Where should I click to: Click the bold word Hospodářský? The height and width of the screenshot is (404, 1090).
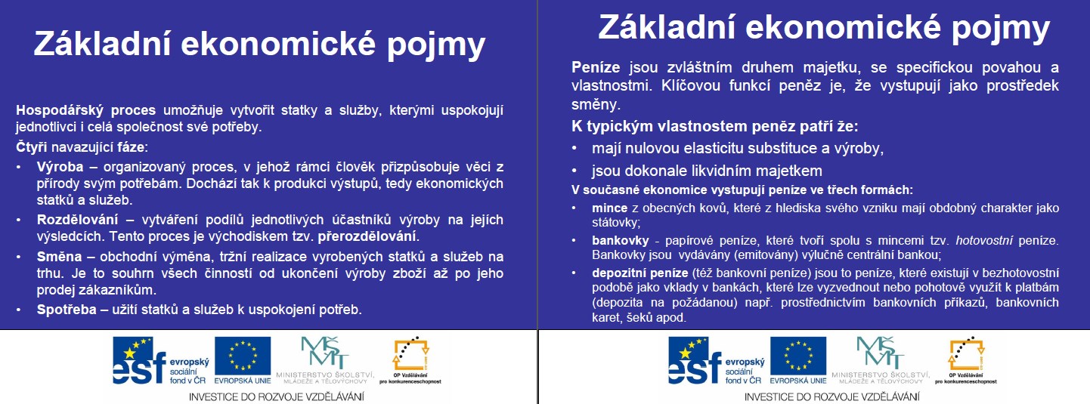(60, 111)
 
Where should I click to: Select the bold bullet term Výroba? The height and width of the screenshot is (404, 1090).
(60, 167)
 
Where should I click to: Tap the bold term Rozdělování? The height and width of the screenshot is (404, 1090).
(77, 220)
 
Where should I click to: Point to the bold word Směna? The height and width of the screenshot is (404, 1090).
(60, 256)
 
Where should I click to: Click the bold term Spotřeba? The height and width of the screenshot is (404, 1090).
(67, 309)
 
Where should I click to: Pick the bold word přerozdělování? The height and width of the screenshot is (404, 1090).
(367, 237)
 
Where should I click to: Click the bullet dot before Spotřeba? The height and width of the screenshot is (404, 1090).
(18, 310)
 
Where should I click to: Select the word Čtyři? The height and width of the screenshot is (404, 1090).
(32, 146)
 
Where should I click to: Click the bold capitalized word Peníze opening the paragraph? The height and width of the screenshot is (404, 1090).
(596, 67)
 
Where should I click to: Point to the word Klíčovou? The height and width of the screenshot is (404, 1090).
(690, 85)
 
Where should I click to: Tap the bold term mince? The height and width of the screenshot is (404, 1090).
(610, 208)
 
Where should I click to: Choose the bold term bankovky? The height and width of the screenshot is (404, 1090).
(621, 240)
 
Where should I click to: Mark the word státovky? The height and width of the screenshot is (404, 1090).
(615, 223)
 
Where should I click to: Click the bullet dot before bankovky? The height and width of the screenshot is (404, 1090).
(574, 240)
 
